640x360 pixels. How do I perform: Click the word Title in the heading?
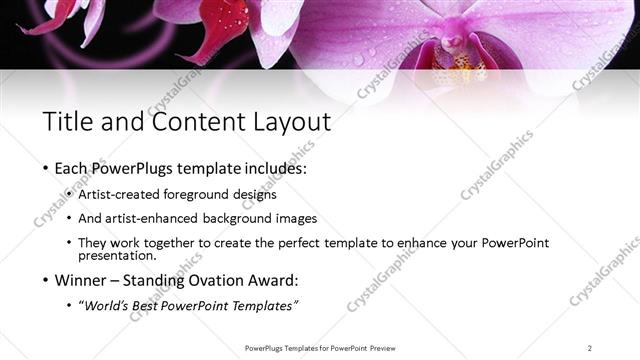67,122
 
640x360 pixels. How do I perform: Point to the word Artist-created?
112,194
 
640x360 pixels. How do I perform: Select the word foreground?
196,194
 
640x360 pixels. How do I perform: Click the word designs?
254,194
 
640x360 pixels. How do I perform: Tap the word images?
297,218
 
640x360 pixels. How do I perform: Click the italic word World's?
105,305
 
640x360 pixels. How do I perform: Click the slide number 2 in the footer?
589,347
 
